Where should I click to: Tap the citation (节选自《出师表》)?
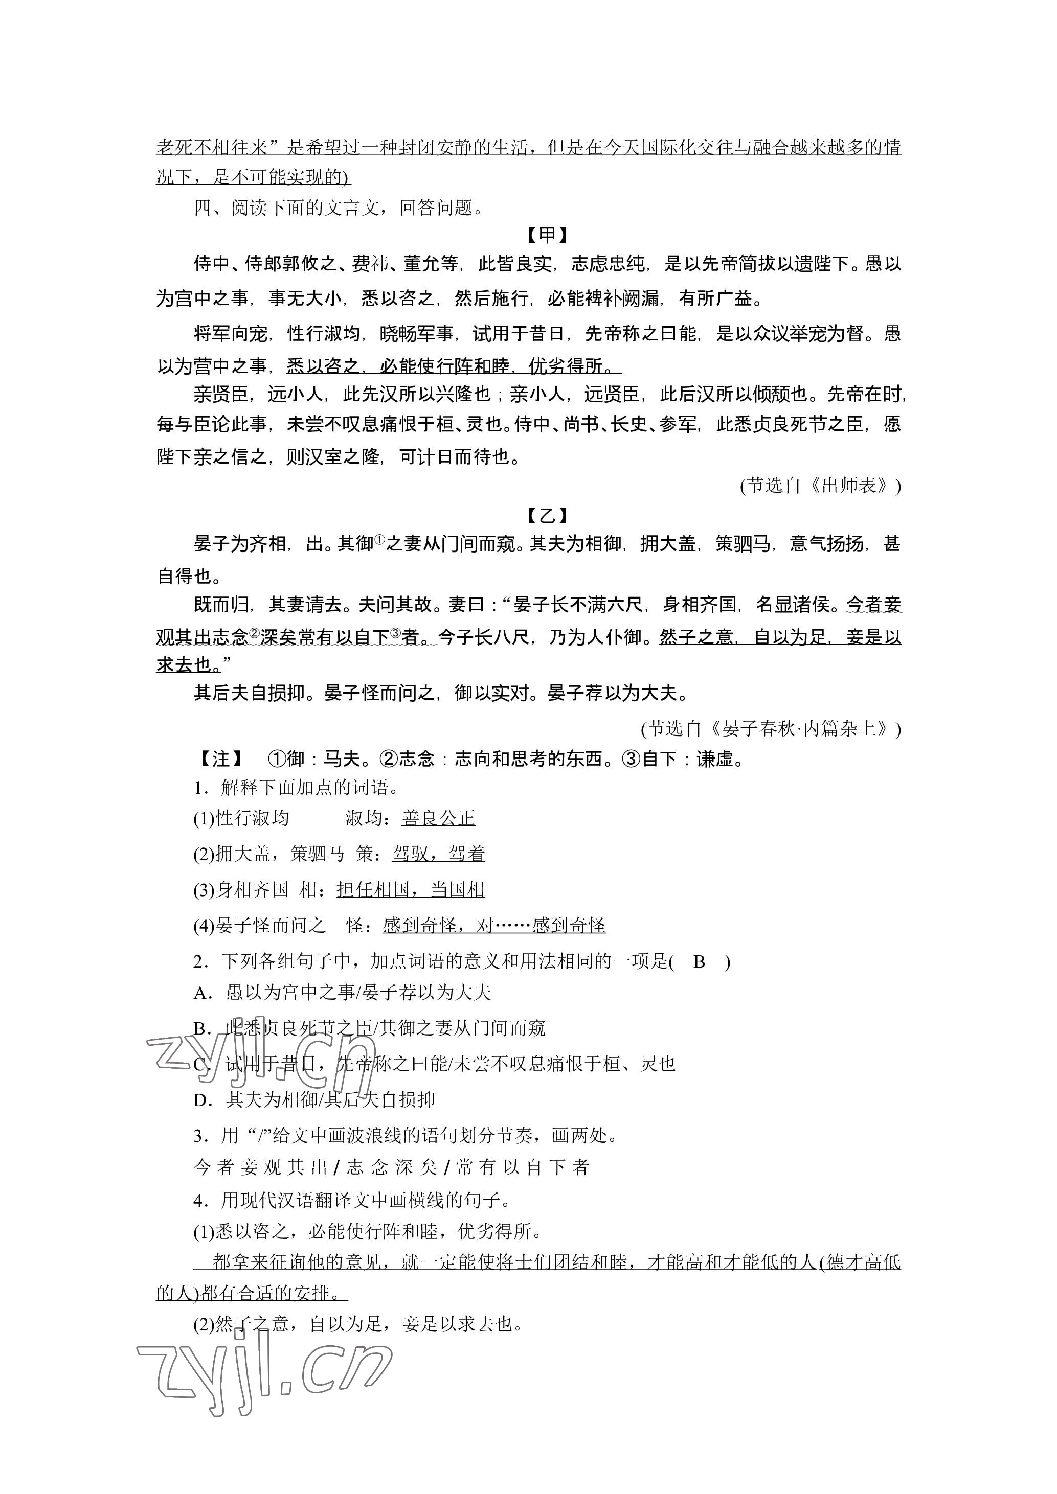pyautogui.click(x=820, y=486)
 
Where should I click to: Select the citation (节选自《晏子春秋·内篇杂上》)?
pyautogui.click(x=771, y=729)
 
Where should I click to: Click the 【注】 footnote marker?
pyautogui.click(x=220, y=759)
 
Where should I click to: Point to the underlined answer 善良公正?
pyautogui.click(x=438, y=819)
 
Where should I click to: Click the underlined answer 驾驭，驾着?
pyautogui.click(x=438, y=854)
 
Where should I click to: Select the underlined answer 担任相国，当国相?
pyautogui.click(x=410, y=889)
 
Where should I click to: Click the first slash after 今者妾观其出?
pyautogui.click(x=336, y=1168)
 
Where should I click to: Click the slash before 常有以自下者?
pyautogui.click(x=446, y=1168)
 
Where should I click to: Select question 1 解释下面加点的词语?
pyautogui.click(x=296, y=788)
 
